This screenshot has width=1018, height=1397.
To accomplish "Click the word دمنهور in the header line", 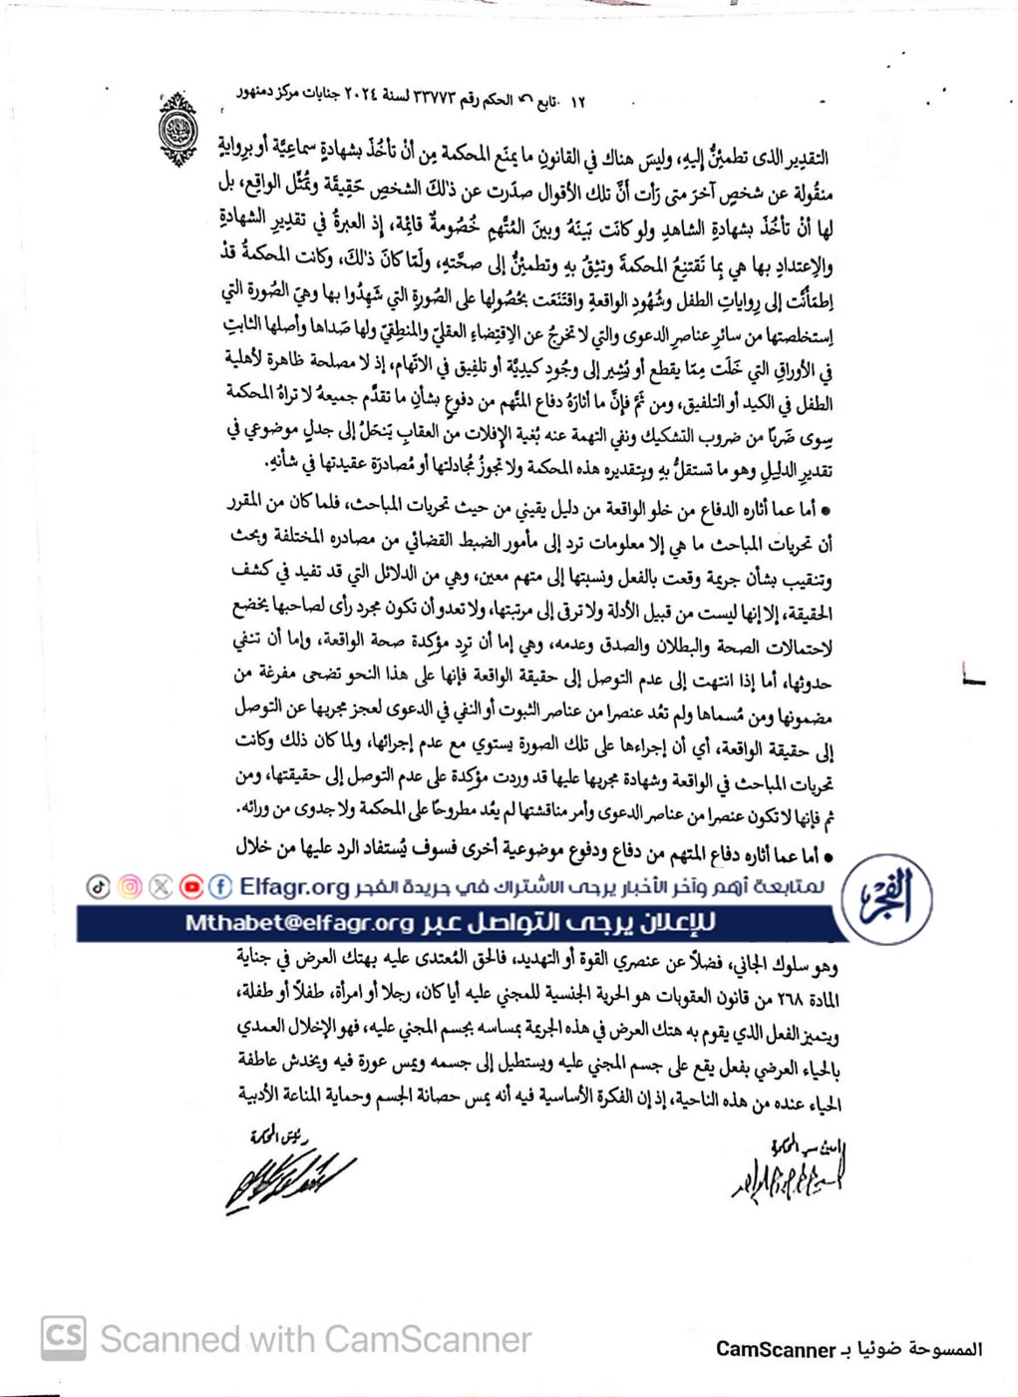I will (256, 93).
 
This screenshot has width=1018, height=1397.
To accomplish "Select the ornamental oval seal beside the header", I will (178, 128).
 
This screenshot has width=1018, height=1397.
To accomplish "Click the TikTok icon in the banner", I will (99, 886).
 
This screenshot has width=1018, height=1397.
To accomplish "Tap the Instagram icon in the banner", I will (130, 886).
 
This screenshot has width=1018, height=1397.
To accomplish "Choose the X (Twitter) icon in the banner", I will (161, 886).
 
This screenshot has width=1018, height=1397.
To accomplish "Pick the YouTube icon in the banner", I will (191, 886).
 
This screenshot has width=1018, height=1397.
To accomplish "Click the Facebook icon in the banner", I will (221, 886).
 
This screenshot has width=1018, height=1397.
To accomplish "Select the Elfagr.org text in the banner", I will (294, 886).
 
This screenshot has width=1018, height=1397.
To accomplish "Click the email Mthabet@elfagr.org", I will (299, 922).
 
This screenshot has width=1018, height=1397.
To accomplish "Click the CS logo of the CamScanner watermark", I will (64, 1337).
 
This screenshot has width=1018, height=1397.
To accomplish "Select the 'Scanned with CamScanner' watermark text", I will (316, 1338).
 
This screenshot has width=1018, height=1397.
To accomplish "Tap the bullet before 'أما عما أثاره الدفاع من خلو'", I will (825, 510).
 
